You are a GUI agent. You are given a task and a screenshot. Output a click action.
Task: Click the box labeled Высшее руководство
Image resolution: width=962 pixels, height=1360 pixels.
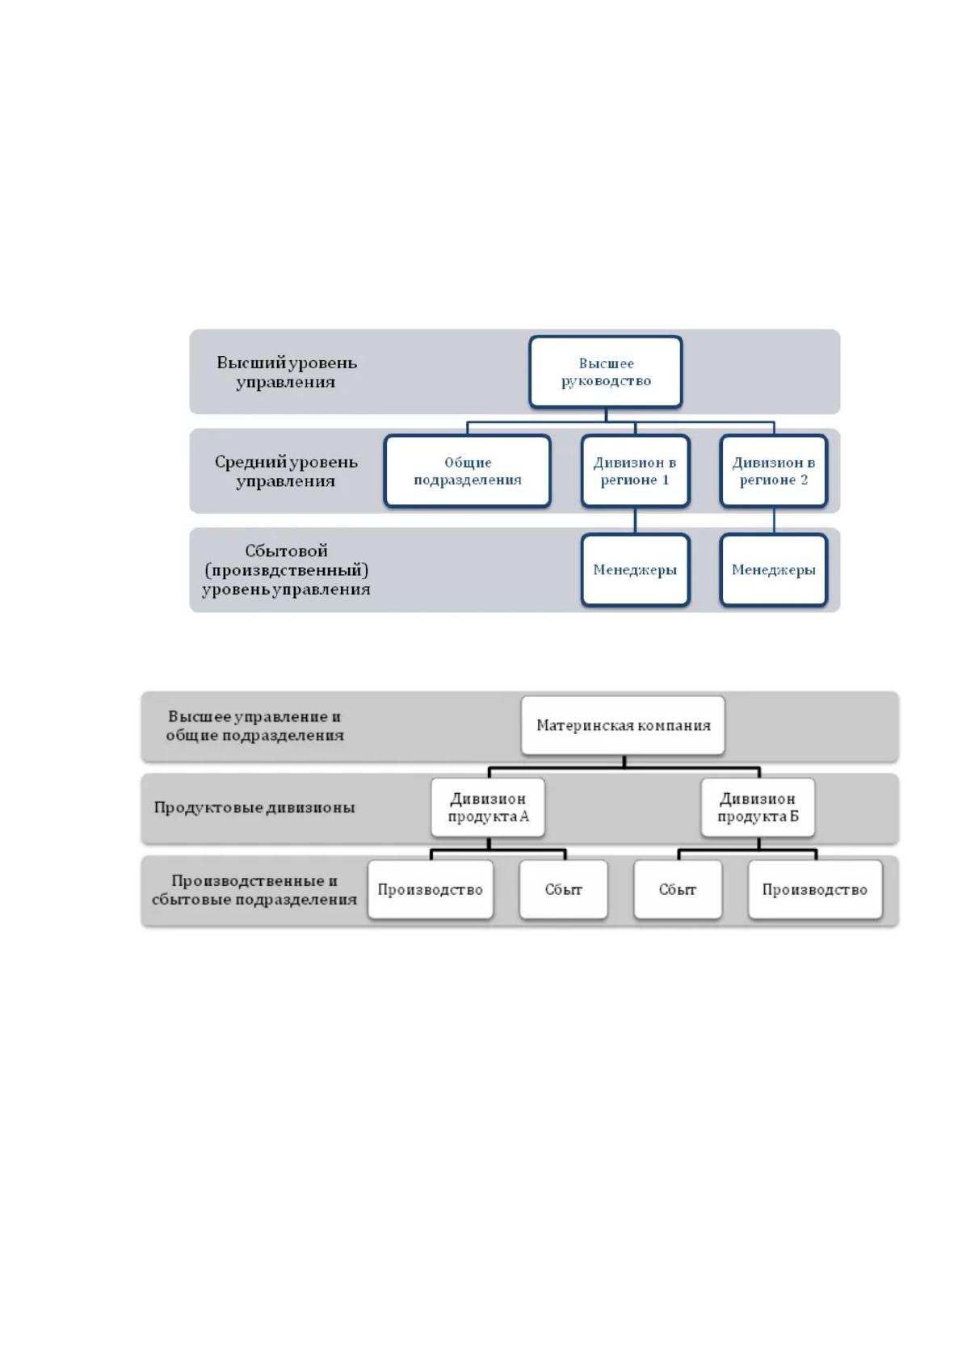(x=606, y=371)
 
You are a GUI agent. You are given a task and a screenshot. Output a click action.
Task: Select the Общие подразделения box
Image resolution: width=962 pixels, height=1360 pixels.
(x=467, y=471)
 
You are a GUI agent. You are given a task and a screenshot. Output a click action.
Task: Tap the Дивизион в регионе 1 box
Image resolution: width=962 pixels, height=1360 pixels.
(x=635, y=471)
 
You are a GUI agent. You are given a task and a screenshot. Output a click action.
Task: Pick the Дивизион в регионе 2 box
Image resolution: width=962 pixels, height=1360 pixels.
(x=774, y=471)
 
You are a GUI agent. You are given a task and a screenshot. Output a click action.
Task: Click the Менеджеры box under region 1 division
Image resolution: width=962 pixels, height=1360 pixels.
(x=635, y=569)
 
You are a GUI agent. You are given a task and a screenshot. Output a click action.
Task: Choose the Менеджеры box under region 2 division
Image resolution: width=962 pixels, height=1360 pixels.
(x=774, y=569)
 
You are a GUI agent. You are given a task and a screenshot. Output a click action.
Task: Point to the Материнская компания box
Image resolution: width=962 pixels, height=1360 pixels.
(x=623, y=725)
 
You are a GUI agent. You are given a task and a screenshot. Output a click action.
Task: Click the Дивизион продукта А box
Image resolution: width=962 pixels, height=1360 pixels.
(x=489, y=808)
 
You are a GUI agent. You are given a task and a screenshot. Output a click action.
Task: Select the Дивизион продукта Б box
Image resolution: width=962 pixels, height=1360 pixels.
(x=758, y=808)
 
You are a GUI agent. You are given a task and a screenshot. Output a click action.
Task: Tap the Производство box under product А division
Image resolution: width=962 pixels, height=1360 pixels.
(x=431, y=889)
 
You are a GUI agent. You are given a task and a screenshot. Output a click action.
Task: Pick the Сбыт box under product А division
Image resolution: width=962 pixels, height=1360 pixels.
(x=564, y=889)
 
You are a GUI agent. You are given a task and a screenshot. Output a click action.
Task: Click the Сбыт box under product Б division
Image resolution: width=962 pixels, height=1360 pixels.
(x=678, y=889)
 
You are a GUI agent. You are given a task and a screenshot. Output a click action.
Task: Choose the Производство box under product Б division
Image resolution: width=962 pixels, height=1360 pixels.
(x=815, y=889)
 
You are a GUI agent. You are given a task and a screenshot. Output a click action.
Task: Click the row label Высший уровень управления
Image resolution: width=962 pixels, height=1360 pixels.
(x=286, y=372)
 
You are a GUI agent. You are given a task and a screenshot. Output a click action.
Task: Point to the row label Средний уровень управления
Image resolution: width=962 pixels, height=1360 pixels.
(x=286, y=471)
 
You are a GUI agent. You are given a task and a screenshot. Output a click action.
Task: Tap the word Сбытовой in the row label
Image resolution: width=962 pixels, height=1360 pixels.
(x=286, y=551)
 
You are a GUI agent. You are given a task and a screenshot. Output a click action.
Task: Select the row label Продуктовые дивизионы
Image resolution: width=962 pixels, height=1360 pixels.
(x=254, y=808)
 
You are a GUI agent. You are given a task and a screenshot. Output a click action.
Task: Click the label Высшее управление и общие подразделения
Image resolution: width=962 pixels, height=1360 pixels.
(x=254, y=725)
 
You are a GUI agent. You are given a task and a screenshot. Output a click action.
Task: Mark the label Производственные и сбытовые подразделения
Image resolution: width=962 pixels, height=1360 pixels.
(x=254, y=890)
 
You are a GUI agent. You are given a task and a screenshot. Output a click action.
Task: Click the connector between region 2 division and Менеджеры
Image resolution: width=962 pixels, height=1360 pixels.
(x=774, y=520)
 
